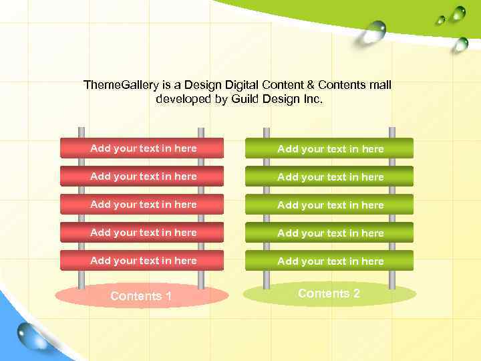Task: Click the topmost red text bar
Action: click(x=142, y=148)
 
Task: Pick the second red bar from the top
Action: click(x=142, y=176)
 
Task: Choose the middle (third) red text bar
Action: click(x=142, y=204)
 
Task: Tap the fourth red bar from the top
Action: click(x=142, y=232)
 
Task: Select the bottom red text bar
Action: click(x=142, y=260)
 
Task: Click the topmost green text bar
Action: click(x=329, y=148)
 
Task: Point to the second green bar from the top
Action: click(x=329, y=176)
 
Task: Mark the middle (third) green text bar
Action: click(x=329, y=205)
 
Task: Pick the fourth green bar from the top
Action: click(x=329, y=233)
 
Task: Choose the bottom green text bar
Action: click(x=329, y=261)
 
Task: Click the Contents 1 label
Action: click(x=141, y=296)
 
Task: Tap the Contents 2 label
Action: click(x=329, y=293)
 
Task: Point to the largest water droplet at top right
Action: click(x=375, y=31)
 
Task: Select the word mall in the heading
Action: click(x=380, y=85)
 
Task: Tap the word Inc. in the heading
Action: click(x=312, y=99)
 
